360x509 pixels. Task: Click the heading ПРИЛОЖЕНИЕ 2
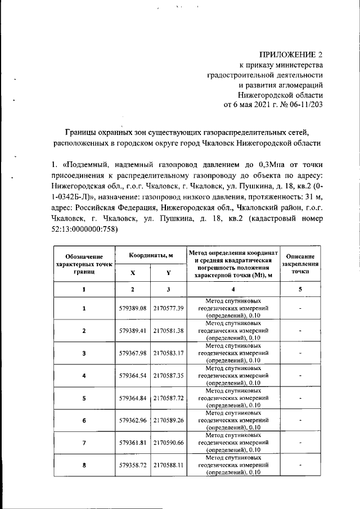pyautogui.click(x=291, y=55)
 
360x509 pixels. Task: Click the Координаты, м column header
pyautogui.click(x=150, y=255)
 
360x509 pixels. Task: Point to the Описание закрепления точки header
pyautogui.click(x=300, y=263)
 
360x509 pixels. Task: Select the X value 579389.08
pyautogui.click(x=133, y=308)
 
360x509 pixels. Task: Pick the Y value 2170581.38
pyautogui.click(x=169, y=331)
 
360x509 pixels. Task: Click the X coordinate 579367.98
pyautogui.click(x=133, y=353)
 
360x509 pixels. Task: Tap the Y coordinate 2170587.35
pyautogui.click(x=169, y=375)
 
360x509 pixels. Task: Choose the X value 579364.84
pyautogui.click(x=133, y=398)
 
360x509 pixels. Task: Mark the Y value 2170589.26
pyautogui.click(x=169, y=420)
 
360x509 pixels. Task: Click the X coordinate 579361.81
pyautogui.click(x=133, y=443)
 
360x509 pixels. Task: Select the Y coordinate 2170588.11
pyautogui.click(x=169, y=465)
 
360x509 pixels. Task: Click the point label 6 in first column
pyautogui.click(x=84, y=420)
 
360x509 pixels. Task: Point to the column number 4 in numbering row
pyautogui.click(x=232, y=289)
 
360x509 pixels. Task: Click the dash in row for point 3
pyautogui.click(x=300, y=353)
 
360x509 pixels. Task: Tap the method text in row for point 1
pyautogui.click(x=232, y=308)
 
